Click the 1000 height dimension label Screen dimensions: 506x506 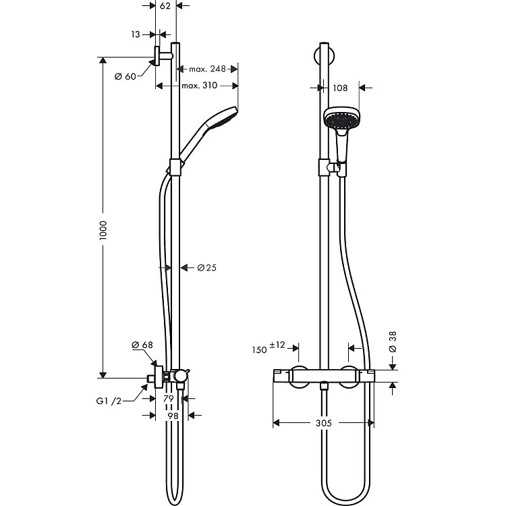pyautogui.click(x=103, y=231)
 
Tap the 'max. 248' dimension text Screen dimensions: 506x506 pyautogui.click(x=207, y=69)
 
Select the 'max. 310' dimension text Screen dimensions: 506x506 pyautogui.click(x=200, y=86)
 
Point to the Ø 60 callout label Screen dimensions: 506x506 pyautogui.click(x=125, y=76)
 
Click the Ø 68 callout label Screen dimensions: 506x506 pyautogui.click(x=142, y=345)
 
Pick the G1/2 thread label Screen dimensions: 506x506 pyautogui.click(x=109, y=401)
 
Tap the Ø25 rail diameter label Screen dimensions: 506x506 pyautogui.click(x=207, y=268)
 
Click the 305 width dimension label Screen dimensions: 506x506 pyautogui.click(x=324, y=423)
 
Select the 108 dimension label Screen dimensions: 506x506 pyautogui.click(x=340, y=88)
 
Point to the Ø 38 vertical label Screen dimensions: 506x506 pyautogui.click(x=393, y=342)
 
